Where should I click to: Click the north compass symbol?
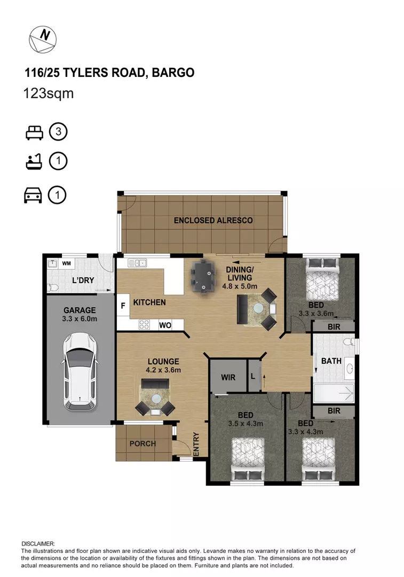pyautogui.click(x=43, y=39)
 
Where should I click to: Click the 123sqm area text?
pyautogui.click(x=49, y=94)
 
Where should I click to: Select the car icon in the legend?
pyautogui.click(x=33, y=196)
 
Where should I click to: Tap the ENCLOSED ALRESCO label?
pyautogui.click(x=213, y=220)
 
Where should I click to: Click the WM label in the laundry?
pyautogui.click(x=67, y=263)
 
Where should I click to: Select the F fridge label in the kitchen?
pyautogui.click(x=123, y=306)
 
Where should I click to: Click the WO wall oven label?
pyautogui.click(x=164, y=324)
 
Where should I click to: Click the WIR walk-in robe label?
pyautogui.click(x=228, y=377)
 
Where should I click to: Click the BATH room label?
pyautogui.click(x=331, y=361)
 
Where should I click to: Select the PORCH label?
pyautogui.click(x=142, y=443)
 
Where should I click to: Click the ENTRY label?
pyautogui.click(x=196, y=444)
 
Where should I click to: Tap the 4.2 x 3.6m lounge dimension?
pyautogui.click(x=164, y=370)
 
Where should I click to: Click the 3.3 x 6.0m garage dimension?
pyautogui.click(x=80, y=319)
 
